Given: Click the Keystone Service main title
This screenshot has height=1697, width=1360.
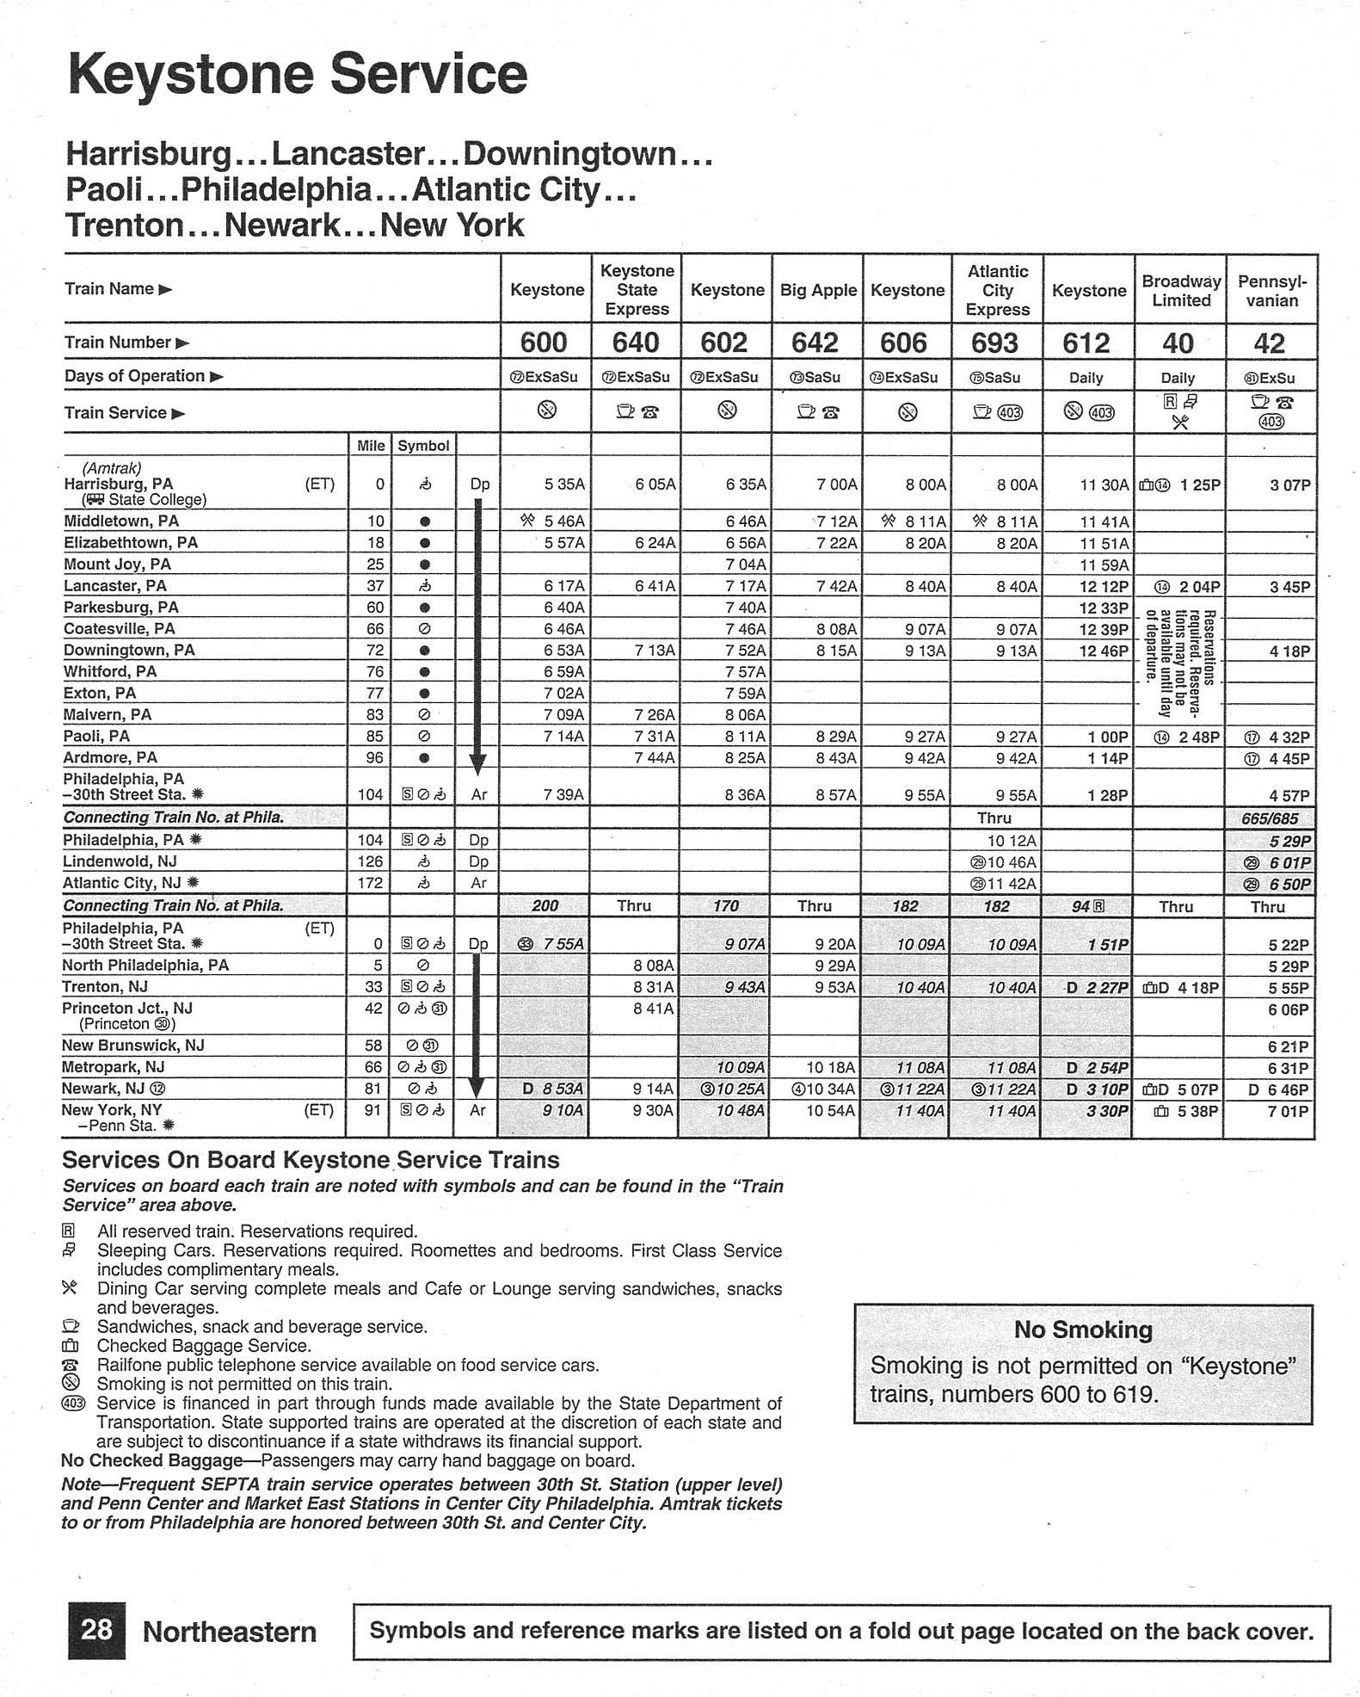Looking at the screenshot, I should click(x=297, y=75).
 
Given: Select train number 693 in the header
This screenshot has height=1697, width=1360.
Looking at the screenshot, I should click(x=994, y=342).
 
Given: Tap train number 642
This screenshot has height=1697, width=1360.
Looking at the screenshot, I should click(x=814, y=342).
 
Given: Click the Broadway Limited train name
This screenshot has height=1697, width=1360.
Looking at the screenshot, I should click(x=1180, y=291).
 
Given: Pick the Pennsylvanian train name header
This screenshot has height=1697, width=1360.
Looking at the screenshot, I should click(x=1271, y=291).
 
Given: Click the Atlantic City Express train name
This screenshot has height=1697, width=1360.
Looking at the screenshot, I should click(x=997, y=291).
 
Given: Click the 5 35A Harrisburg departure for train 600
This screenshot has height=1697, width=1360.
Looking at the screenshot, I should click(x=564, y=485).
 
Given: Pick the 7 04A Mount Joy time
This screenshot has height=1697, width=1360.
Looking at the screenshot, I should click(x=745, y=565).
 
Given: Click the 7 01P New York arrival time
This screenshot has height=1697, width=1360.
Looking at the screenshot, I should click(x=1288, y=1111).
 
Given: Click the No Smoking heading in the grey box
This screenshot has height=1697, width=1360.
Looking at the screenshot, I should click(x=1083, y=1330).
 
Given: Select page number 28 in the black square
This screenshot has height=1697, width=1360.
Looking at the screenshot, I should click(x=96, y=1630).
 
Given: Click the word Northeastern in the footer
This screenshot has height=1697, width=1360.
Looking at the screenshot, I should click(x=230, y=1632).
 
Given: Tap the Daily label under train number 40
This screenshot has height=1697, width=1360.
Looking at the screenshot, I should click(x=1178, y=378).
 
